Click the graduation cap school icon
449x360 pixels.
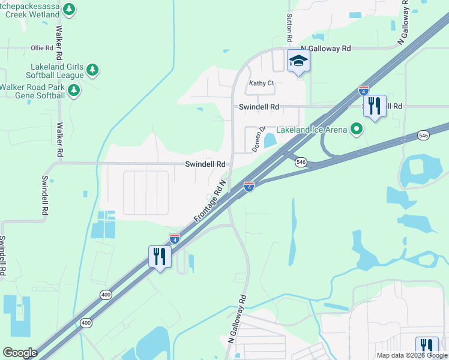point(298,60)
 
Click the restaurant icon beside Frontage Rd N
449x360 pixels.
point(160,256)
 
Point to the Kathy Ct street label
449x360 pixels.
point(262,83)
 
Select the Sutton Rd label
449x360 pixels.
point(289,28)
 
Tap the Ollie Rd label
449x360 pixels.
point(42,47)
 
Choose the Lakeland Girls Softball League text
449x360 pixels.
point(55,71)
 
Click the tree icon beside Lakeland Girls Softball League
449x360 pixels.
point(92,71)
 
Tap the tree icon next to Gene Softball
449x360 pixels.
point(73,91)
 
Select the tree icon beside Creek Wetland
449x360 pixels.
point(70,9)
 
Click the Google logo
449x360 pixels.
point(20,353)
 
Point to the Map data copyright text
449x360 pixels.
point(412,355)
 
